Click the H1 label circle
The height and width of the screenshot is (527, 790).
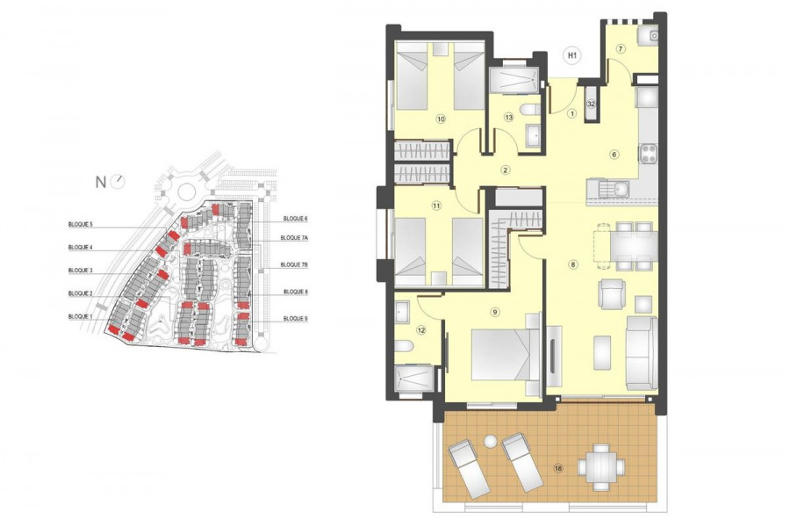[571, 55]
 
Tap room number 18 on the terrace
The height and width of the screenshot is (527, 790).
[558, 468]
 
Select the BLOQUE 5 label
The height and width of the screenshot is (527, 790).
[81, 224]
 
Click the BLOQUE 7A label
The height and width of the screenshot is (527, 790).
[294, 237]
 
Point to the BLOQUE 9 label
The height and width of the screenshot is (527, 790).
[295, 319]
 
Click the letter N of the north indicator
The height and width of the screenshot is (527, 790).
[101, 183]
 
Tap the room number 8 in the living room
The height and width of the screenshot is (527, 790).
[573, 264]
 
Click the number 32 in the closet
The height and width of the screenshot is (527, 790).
[592, 105]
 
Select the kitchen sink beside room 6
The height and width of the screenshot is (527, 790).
[607, 190]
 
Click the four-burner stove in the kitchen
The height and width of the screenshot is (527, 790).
[648, 154]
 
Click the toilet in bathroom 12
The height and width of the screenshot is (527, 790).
[404, 346]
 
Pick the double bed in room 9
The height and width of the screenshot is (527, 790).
[506, 355]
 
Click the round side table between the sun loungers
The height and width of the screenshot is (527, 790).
[490, 442]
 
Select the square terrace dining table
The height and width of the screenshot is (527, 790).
[601, 467]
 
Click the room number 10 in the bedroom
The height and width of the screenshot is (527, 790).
[441, 119]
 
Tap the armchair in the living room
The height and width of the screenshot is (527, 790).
[613, 294]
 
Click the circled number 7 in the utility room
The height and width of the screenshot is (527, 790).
[621, 49]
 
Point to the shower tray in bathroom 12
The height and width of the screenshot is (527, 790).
[414, 379]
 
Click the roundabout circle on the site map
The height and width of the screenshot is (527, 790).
[186, 191]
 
